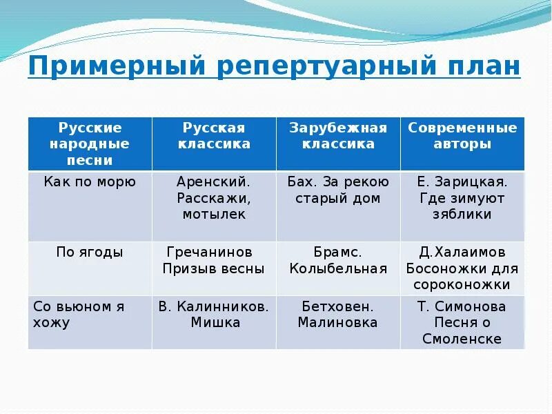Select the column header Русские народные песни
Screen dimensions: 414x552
90,144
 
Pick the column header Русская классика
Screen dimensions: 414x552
214,136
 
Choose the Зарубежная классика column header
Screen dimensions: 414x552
338,136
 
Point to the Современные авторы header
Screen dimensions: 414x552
462,136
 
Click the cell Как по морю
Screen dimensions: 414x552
90,182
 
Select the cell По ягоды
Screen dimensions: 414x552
90,253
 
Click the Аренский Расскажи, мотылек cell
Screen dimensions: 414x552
214,197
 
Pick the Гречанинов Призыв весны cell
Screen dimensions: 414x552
214,261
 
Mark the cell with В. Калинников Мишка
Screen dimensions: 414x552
214,314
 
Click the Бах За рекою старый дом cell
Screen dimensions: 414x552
338,190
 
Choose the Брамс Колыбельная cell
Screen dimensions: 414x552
338,261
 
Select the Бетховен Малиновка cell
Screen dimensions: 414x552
338,314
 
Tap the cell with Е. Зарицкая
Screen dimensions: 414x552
462,197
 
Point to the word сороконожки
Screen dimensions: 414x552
462,284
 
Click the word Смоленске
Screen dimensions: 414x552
462,339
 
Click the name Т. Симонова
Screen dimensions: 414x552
462,306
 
